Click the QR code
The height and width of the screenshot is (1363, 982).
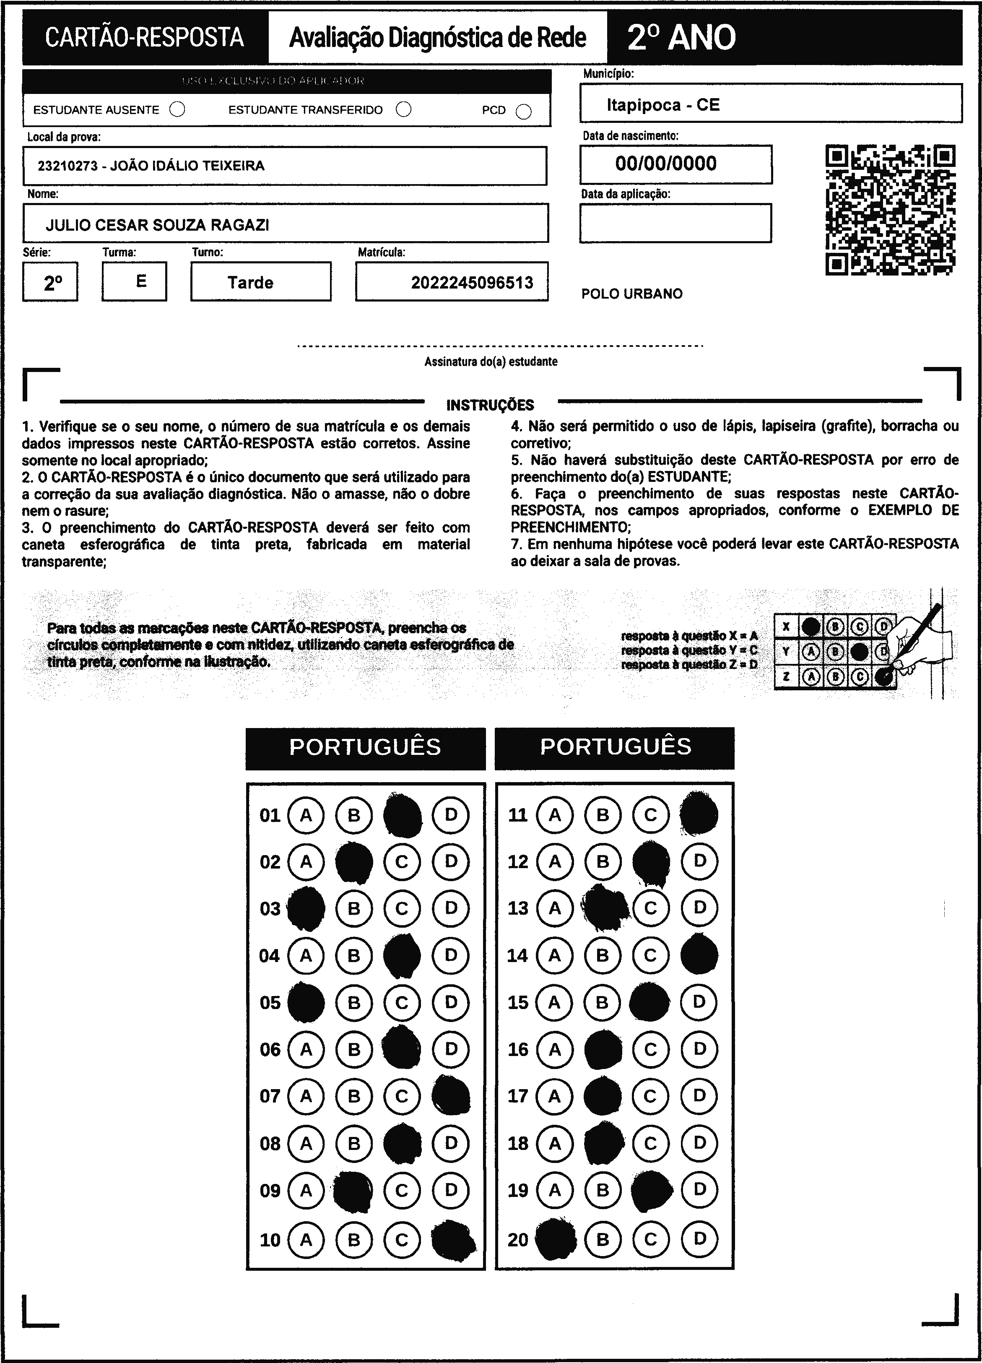click(x=890, y=210)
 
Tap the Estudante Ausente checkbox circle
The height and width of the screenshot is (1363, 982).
click(x=177, y=109)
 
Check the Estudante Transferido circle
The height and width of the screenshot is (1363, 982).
click(x=404, y=109)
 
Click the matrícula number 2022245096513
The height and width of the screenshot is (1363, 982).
click(x=472, y=283)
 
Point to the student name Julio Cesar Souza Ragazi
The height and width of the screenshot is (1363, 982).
click(x=158, y=225)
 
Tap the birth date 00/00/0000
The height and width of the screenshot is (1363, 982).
click(x=666, y=164)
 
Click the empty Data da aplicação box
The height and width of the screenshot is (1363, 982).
click(x=675, y=223)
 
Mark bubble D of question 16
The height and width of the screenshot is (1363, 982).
click(x=699, y=1049)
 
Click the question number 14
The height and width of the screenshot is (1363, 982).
click(x=517, y=955)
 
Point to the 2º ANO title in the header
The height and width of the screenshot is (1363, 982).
click(x=681, y=37)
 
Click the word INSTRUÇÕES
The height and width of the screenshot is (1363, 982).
click(x=490, y=405)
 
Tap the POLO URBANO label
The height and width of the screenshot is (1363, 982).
click(x=631, y=294)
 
